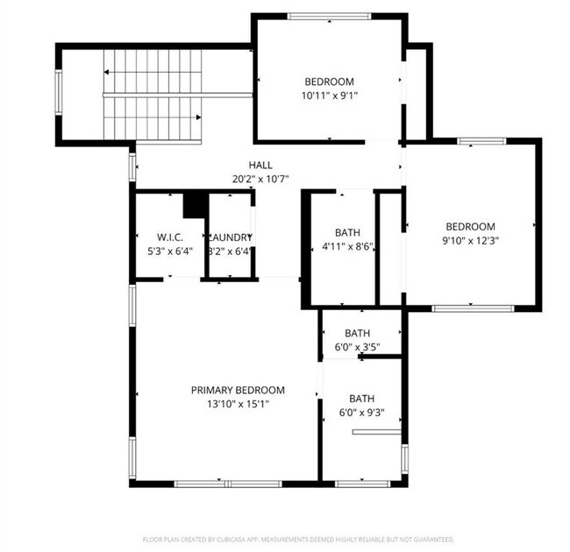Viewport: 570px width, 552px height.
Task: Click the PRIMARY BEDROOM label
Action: tap(238, 390)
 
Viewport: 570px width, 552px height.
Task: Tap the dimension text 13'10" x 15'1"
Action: tap(238, 404)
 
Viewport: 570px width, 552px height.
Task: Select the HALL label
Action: tap(260, 165)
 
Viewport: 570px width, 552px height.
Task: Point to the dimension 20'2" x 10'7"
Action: tap(260, 179)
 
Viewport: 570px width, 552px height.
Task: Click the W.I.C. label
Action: tap(168, 237)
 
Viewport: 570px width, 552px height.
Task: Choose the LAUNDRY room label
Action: tap(231, 237)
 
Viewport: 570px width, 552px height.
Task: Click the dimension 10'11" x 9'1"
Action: tap(329, 96)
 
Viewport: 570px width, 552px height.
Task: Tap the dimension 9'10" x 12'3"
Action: tap(470, 240)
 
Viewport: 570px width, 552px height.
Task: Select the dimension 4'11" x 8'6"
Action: tap(347, 246)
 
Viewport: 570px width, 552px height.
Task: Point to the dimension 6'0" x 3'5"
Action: tap(357, 347)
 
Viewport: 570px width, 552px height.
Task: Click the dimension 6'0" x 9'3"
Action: tap(361, 412)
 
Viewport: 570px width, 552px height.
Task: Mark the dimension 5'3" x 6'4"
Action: tap(168, 251)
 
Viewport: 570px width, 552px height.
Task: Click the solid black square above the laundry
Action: tap(195, 205)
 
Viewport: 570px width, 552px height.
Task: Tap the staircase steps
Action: tap(153, 95)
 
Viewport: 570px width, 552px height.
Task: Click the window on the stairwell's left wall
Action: tap(59, 92)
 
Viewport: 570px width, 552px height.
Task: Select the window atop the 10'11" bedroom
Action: tap(329, 16)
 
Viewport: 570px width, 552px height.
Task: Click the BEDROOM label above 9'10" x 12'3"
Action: tap(470, 226)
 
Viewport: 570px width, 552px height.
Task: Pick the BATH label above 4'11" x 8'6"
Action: tap(347, 232)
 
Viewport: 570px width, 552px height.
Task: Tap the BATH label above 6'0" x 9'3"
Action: tap(361, 398)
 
